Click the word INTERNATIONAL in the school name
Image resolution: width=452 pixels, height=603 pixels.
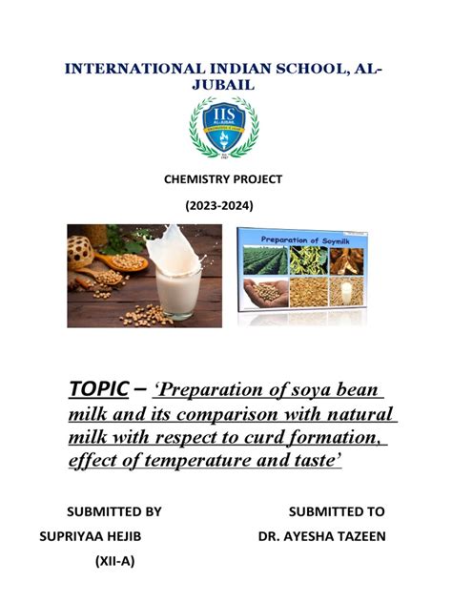tap(113, 68)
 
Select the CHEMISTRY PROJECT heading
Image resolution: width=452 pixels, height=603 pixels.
tap(225, 179)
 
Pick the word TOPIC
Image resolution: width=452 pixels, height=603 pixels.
tap(99, 390)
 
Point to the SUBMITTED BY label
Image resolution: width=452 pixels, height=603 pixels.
tap(112, 511)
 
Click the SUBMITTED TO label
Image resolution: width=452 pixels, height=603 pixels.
tap(337, 511)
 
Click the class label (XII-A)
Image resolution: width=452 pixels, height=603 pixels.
tap(113, 561)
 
